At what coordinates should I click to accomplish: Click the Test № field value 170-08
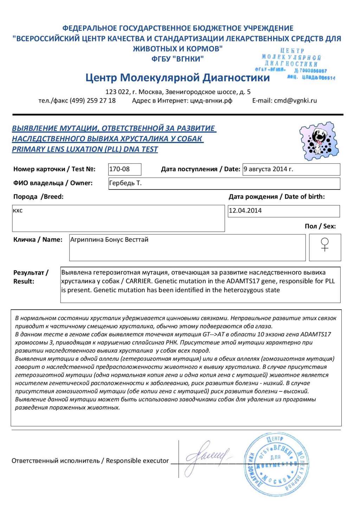(120, 169)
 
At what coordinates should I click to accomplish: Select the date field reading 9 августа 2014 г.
(268, 169)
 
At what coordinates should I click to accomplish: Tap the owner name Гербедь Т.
(125, 183)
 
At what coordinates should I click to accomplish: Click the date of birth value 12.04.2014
(245, 211)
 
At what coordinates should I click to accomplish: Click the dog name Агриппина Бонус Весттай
(109, 240)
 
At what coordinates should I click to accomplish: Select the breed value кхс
(18, 211)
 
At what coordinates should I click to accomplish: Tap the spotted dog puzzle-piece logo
(319, 141)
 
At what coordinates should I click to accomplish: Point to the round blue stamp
(276, 464)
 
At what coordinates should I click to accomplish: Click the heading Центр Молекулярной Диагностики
(178, 78)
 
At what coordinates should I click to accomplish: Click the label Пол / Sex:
(320, 226)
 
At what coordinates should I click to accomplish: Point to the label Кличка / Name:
(38, 240)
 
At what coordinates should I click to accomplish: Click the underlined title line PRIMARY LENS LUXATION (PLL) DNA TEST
(85, 149)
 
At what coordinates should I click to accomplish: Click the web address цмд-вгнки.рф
(211, 101)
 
